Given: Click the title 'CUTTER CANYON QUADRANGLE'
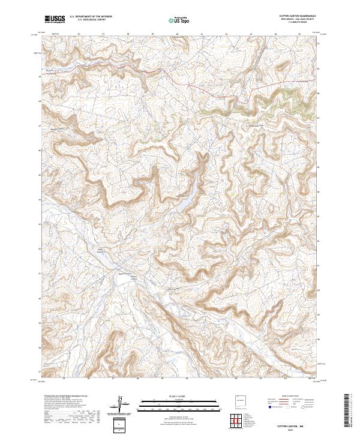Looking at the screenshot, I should [x=298, y=16].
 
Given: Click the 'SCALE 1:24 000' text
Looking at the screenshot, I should [x=179, y=397].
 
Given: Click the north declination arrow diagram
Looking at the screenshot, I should [x=120, y=404].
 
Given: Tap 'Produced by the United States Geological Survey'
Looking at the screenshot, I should [x=64, y=397].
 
